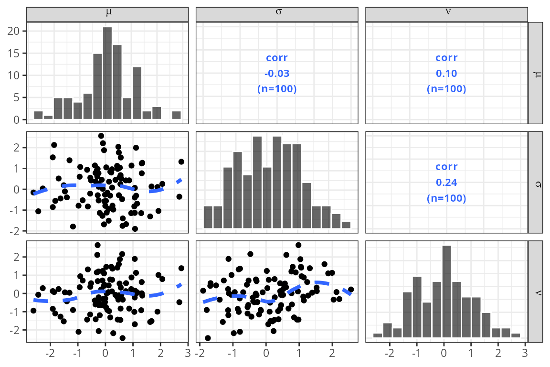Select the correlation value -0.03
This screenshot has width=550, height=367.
[x=277, y=74]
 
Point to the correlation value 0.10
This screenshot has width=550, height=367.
[x=446, y=74]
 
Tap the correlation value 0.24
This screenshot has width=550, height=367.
[x=446, y=183]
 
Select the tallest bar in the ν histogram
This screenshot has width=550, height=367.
[x=446, y=291]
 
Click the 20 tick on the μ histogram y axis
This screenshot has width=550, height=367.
[x=16, y=31]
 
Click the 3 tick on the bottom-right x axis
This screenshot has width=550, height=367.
[x=526, y=354]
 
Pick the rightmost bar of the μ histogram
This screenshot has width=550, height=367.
[x=176, y=115]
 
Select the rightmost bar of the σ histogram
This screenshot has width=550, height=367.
[x=346, y=225]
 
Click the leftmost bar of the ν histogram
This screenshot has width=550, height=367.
[x=378, y=335]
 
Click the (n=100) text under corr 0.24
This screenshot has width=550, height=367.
[x=446, y=198]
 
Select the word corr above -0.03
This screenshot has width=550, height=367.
[x=277, y=58]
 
